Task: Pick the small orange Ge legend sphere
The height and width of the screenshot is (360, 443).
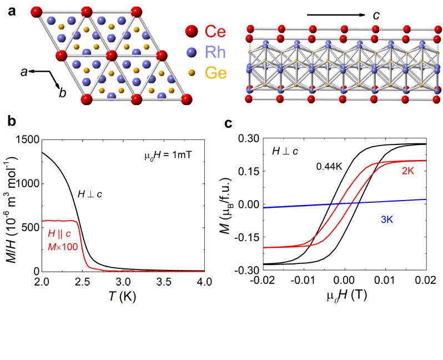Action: click(192, 73)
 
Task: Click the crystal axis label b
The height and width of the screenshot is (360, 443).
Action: click(63, 93)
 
